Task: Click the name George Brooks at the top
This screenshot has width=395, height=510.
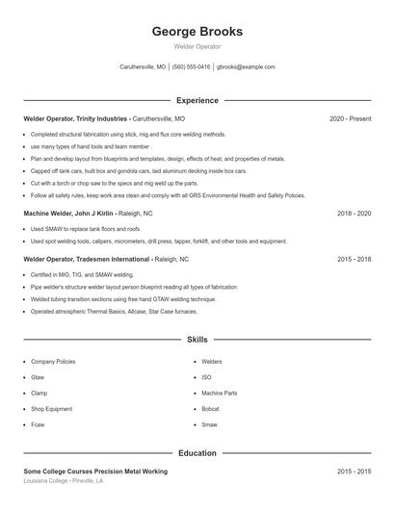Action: pos(197,31)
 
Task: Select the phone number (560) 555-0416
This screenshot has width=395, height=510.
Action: pos(191,67)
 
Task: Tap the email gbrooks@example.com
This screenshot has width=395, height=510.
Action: pos(246,67)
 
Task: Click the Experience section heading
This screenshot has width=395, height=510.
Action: pos(197,100)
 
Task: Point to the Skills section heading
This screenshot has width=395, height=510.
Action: pos(197,339)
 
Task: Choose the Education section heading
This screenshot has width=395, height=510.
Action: pos(197,452)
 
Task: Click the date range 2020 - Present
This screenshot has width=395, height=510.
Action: pos(350,118)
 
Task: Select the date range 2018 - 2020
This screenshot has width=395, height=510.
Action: pos(354,213)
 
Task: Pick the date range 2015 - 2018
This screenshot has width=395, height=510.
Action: pos(354,259)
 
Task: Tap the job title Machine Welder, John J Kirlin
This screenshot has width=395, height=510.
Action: pos(67,213)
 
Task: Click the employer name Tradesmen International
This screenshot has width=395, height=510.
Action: pos(114,259)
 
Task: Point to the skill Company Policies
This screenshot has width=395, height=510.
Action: pos(53,362)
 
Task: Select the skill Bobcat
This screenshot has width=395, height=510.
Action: pos(211,409)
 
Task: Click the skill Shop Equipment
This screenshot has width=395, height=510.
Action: pos(51,409)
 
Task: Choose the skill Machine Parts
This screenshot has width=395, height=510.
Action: pos(219,394)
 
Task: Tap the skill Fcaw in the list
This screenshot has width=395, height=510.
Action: pos(38,424)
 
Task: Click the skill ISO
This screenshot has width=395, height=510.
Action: pos(206,377)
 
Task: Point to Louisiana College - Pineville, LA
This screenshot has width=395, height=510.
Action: pos(63,480)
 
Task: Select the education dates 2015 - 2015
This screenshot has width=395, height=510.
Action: pos(354,472)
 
